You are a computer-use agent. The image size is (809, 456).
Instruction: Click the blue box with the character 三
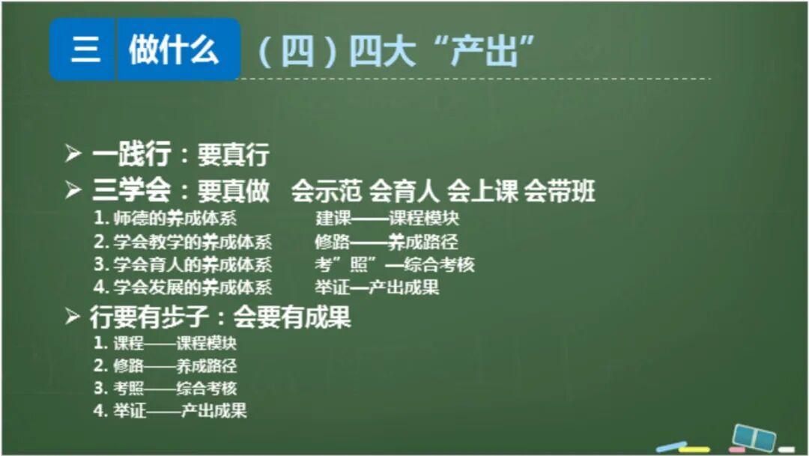pyautogui.click(x=85, y=50)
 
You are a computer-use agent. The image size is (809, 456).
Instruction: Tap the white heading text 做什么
pyautogui.click(x=175, y=50)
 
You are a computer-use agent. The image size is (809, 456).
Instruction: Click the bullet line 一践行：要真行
pyautogui.click(x=180, y=155)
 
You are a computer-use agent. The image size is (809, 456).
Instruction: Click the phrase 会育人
pyautogui.click(x=404, y=191)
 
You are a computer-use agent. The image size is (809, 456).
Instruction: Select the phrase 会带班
pyautogui.click(x=560, y=191)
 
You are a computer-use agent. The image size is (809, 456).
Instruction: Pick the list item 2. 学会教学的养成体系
pyautogui.click(x=183, y=242)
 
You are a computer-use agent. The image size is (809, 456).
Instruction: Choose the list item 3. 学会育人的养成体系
pyautogui.click(x=183, y=264)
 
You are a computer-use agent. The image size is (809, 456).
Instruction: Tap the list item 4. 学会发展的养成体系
pyautogui.click(x=183, y=287)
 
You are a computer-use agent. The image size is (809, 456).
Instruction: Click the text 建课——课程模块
pyautogui.click(x=387, y=219)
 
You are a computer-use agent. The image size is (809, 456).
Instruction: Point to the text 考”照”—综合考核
pyautogui.click(x=395, y=264)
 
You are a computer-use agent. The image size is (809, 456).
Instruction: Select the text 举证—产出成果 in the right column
pyautogui.click(x=377, y=287)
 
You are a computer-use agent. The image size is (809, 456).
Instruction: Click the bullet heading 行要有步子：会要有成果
pyautogui.click(x=220, y=317)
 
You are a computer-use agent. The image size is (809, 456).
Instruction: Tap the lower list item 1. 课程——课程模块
pyautogui.click(x=166, y=344)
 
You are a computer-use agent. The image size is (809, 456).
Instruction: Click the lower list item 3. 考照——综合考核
pyautogui.click(x=166, y=388)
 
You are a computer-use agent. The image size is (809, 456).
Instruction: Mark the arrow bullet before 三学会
pyautogui.click(x=73, y=191)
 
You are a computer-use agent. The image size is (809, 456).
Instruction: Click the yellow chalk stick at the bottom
pyautogui.click(x=694, y=449)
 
